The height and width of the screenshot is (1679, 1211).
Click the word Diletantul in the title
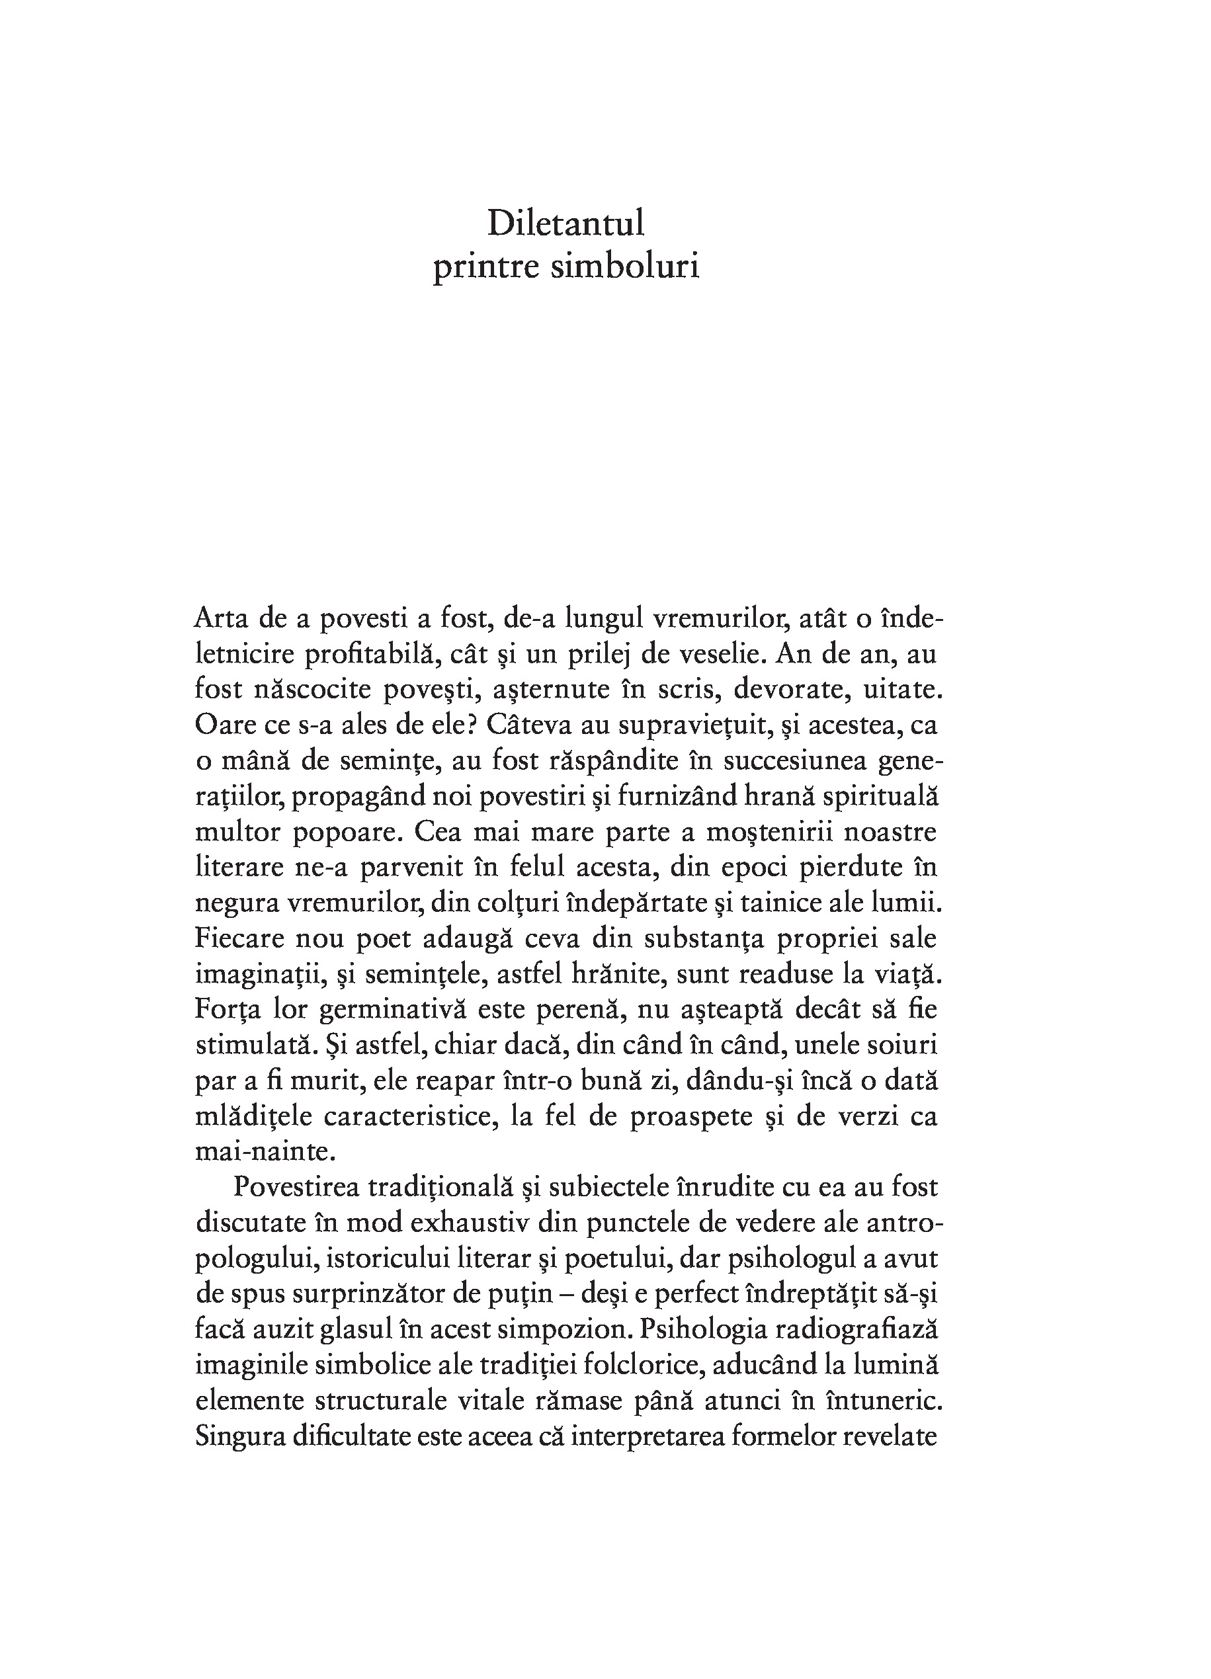[565, 224]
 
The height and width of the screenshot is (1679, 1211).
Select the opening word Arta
[221, 618]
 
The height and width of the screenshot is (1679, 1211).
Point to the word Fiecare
[238, 939]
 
